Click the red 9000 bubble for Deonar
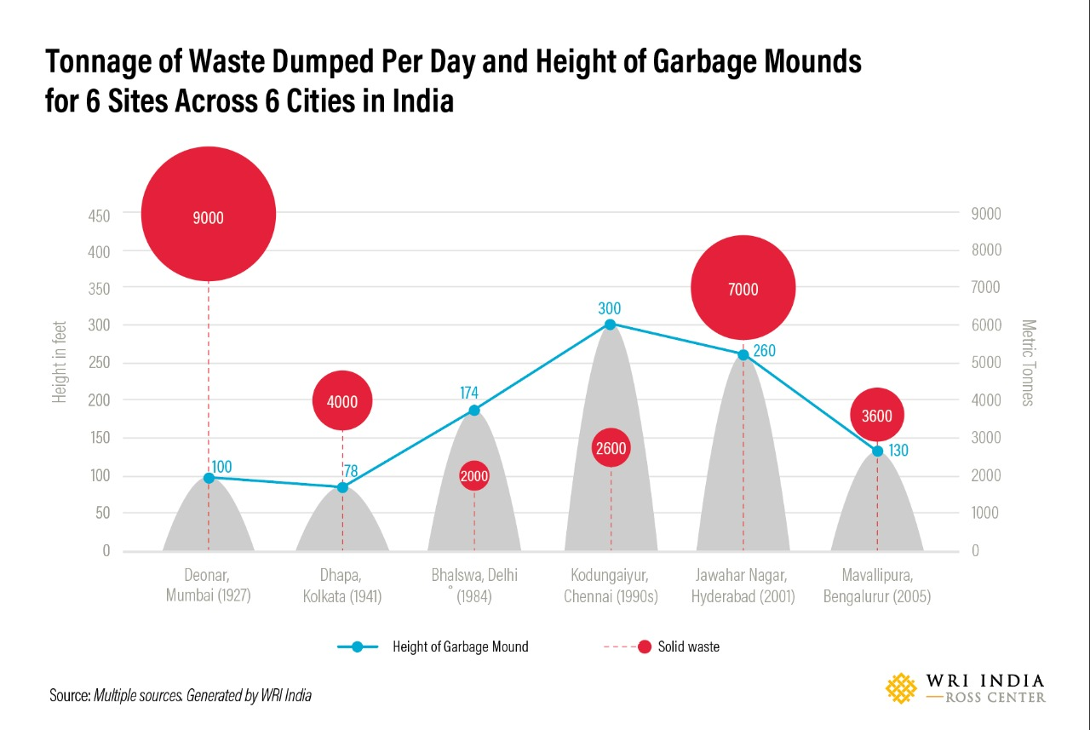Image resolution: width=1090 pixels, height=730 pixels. [x=209, y=214]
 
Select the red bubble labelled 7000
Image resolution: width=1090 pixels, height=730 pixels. [x=743, y=288]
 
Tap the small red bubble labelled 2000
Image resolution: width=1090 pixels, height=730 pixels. [x=474, y=476]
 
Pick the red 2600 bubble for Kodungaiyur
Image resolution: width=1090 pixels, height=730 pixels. [x=611, y=448]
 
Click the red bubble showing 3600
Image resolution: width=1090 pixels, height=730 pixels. [x=877, y=416]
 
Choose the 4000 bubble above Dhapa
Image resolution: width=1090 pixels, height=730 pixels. [x=342, y=400]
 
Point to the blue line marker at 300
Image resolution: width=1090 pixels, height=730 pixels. [x=610, y=325]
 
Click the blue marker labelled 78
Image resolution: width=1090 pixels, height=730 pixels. [x=342, y=487]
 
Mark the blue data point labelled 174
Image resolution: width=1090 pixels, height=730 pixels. [x=474, y=411]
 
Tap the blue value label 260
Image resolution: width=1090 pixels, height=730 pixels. [x=764, y=350]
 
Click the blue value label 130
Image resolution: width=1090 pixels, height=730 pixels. [x=899, y=451]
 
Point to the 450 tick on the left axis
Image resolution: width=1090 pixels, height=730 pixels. [x=99, y=216]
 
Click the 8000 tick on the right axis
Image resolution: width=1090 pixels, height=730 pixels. [x=986, y=250]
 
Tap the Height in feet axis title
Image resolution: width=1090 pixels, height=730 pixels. [x=60, y=363]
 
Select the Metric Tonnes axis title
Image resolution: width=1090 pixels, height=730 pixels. [x=1028, y=363]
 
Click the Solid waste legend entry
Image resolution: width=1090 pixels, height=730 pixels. [x=688, y=647]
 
